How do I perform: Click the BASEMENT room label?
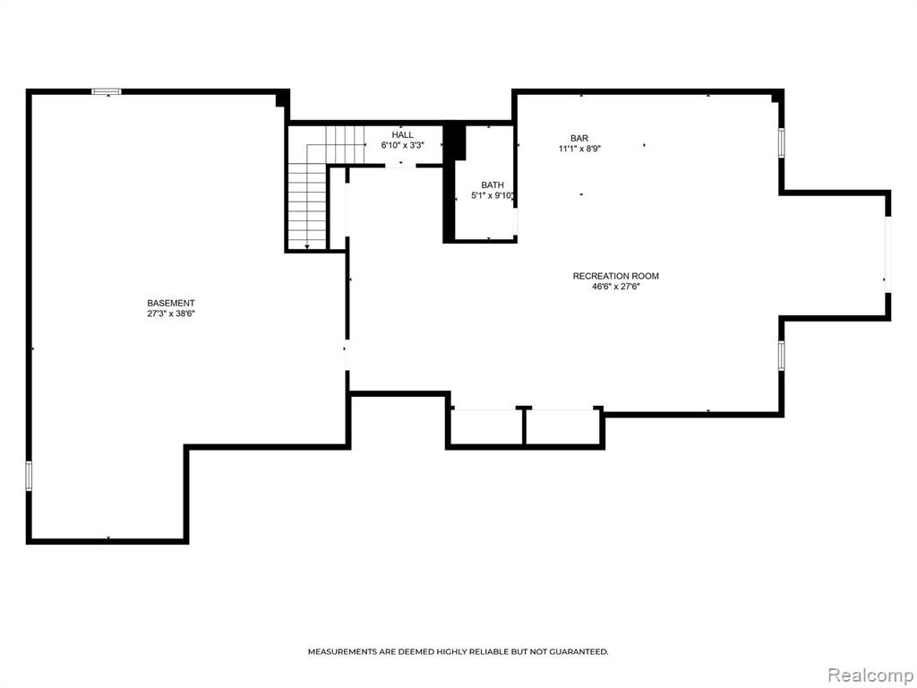tap(171, 303)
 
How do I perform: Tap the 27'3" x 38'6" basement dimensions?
tap(171, 314)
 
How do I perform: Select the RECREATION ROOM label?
tap(616, 276)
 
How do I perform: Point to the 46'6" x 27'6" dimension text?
tap(616, 287)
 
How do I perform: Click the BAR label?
tap(579, 138)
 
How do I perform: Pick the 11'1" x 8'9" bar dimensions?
tap(579, 149)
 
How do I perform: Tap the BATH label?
tap(493, 185)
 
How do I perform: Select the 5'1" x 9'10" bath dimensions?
tap(493, 196)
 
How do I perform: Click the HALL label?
tap(402, 135)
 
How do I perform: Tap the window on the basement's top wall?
tap(107, 92)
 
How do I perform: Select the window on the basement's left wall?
tap(28, 475)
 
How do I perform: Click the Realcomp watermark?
tap(870, 675)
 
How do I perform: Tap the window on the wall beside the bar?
tap(781, 142)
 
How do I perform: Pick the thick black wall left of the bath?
tap(450, 183)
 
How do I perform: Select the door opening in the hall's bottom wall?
tap(400, 166)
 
